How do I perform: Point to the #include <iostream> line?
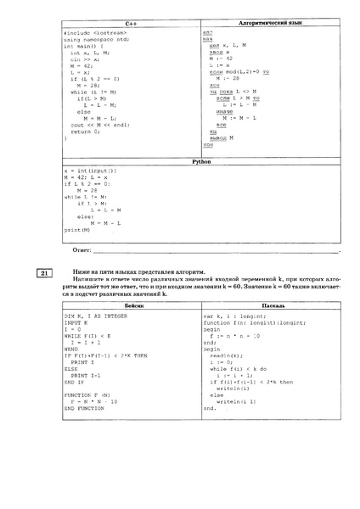(92, 32)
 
